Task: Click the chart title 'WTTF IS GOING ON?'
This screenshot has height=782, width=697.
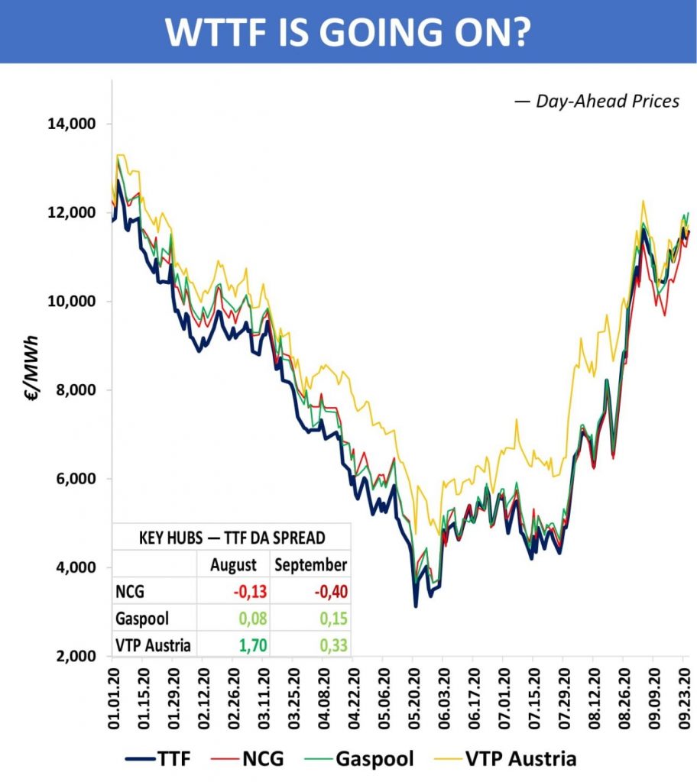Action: (348, 31)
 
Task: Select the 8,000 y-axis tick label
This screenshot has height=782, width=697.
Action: (79, 390)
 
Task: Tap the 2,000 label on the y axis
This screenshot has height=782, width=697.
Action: (79, 657)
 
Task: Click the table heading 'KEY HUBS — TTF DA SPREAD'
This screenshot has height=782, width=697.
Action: (232, 537)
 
